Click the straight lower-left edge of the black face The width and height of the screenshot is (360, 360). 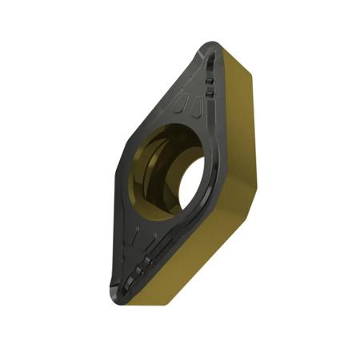coord(108,232)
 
